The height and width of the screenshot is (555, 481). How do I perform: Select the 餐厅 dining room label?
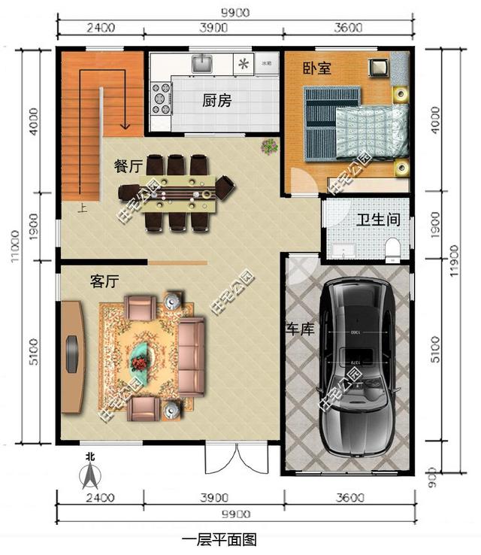[x=129, y=167]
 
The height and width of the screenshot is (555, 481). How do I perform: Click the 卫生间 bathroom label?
[x=377, y=220]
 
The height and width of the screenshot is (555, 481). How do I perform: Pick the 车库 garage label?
[x=300, y=329]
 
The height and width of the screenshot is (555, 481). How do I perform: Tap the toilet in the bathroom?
[x=392, y=250]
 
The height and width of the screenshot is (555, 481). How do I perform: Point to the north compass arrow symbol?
[x=90, y=473]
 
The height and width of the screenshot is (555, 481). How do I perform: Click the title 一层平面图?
[x=220, y=540]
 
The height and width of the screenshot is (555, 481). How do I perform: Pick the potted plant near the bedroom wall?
[x=268, y=147]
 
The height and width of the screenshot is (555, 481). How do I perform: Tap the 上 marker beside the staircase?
[x=81, y=210]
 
